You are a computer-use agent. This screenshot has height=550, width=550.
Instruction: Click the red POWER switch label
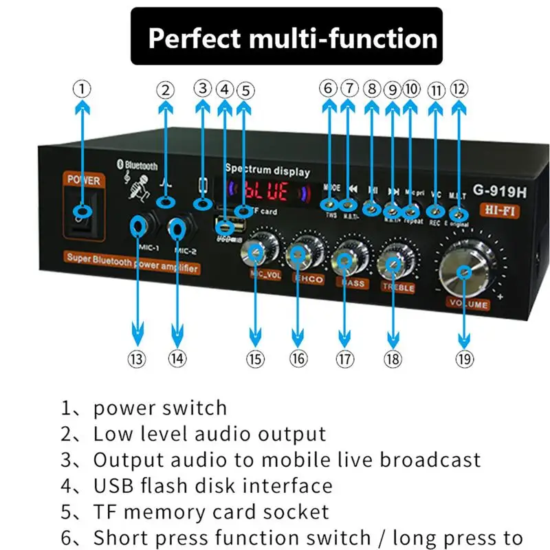[x=83, y=180]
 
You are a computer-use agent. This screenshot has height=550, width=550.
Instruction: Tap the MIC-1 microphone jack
[x=140, y=225]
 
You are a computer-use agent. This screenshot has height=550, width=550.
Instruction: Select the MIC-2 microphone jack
[x=178, y=228]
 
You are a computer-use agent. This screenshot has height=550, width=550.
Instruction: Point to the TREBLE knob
[x=394, y=262]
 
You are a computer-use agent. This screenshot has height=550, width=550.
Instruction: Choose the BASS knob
[x=344, y=259]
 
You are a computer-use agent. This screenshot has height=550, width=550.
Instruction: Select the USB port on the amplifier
[x=225, y=225]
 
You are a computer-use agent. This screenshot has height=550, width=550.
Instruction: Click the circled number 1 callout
[x=82, y=89]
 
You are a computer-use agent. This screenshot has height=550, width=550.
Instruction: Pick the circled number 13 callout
[x=138, y=358]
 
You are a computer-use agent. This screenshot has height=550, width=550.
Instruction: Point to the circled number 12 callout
[x=459, y=89]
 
